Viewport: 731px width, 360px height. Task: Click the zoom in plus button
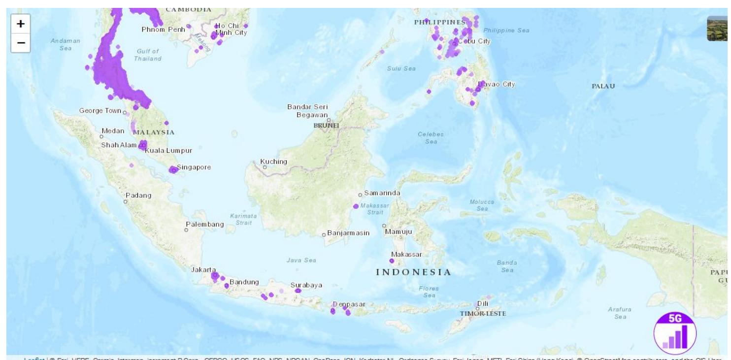coord(21,23)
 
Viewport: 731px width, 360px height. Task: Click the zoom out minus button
coord(21,43)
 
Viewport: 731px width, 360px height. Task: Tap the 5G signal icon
coord(674,333)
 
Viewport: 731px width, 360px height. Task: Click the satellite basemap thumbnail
coord(718,29)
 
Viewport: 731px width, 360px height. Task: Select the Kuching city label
coord(273,162)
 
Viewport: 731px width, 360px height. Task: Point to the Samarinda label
coord(382,193)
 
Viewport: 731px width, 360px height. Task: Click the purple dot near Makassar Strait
coord(356,206)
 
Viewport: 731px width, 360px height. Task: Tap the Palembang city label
coord(204,225)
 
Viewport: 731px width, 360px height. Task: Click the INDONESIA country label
coord(413,272)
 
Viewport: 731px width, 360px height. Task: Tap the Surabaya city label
coord(306,285)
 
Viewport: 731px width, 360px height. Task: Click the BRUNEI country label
coord(327,126)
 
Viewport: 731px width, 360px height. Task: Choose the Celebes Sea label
coord(431,137)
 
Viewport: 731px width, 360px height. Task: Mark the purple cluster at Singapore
coord(173,169)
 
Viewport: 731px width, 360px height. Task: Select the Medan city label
coord(113,131)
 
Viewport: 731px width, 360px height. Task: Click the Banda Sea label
coord(507,266)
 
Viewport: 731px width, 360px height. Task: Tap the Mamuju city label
coord(399,231)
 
